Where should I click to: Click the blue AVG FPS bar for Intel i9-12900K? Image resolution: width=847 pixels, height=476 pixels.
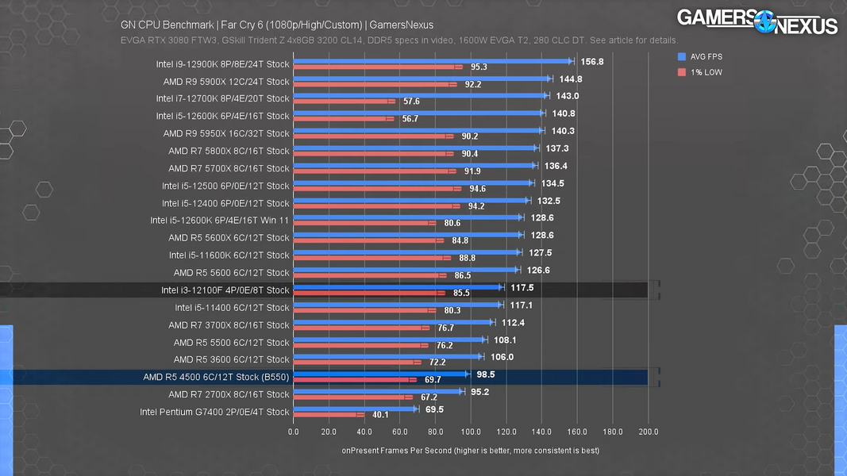click(x=433, y=61)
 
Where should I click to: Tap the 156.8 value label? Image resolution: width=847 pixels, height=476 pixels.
click(x=592, y=61)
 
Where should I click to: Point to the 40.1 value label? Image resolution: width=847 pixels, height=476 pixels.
click(x=380, y=415)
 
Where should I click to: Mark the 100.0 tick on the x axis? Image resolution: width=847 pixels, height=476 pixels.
click(x=471, y=432)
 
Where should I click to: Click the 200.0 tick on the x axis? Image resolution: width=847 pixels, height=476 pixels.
click(x=649, y=432)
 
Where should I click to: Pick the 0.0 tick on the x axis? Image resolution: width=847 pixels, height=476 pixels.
click(x=294, y=432)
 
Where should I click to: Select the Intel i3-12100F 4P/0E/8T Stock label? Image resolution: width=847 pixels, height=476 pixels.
click(x=225, y=290)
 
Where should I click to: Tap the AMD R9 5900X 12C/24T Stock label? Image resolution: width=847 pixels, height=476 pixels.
click(x=226, y=82)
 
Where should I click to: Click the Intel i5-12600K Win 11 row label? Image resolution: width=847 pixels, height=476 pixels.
click(x=220, y=221)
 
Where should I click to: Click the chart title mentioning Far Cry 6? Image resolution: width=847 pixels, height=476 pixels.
click(x=277, y=25)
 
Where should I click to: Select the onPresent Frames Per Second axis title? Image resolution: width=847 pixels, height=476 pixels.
click(x=470, y=450)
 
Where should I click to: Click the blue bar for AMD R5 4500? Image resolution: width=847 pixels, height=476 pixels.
click(x=381, y=374)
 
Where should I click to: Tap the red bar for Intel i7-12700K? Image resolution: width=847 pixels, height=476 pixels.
click(x=344, y=102)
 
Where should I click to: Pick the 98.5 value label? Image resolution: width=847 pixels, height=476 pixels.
click(x=486, y=374)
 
